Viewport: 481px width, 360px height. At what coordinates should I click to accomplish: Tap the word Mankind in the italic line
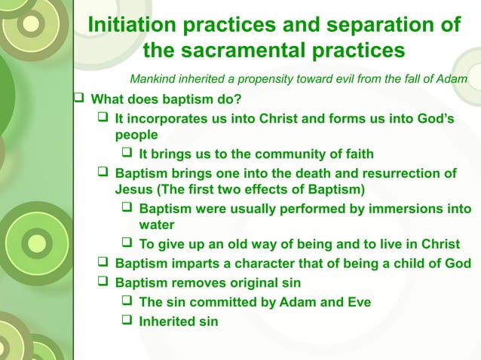(154, 79)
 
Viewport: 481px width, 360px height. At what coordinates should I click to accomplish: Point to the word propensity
(257, 79)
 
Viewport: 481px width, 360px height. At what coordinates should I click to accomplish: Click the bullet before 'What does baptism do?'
(80, 99)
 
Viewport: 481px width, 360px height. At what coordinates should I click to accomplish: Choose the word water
(157, 224)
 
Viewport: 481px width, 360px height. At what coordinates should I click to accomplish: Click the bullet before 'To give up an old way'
(128, 243)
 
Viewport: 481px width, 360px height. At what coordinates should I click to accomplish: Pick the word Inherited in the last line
(167, 322)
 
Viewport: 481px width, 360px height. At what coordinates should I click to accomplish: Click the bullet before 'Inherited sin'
(128, 322)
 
